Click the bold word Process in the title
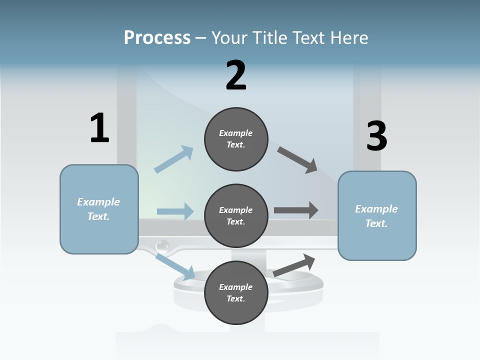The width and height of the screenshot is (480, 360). [x=157, y=37]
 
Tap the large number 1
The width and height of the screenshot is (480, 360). [x=99, y=128]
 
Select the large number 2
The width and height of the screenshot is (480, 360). [x=236, y=75]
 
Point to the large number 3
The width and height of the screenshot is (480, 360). [x=377, y=136]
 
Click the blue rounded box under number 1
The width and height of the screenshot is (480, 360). [x=99, y=209]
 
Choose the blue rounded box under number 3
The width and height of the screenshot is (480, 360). [x=377, y=216]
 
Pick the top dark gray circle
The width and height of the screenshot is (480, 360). [x=236, y=139]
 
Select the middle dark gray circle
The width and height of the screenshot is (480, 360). [x=236, y=216]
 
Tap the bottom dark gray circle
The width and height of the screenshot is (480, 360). [x=236, y=293]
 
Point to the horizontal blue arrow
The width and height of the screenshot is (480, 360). [x=175, y=211]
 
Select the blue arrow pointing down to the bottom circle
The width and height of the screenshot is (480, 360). [x=175, y=266]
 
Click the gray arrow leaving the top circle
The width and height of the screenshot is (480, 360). [x=297, y=160]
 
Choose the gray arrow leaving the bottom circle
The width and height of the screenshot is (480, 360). [x=294, y=265]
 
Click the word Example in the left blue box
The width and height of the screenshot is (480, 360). [x=98, y=202]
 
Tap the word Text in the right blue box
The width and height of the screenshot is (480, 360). [x=376, y=223]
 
